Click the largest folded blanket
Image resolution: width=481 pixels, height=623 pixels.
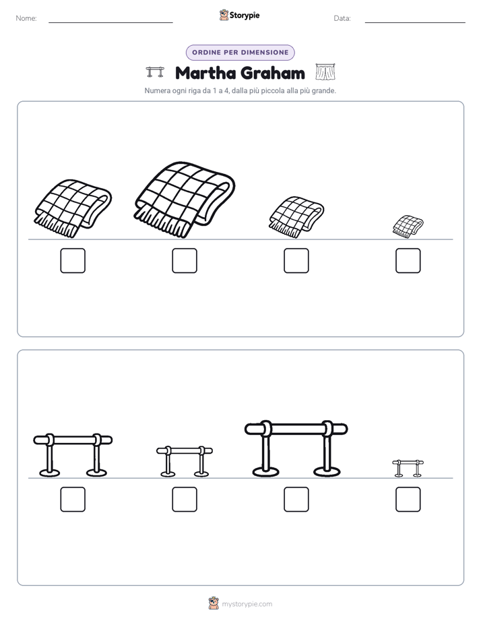pos(185,200)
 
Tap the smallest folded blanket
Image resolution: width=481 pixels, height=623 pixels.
pos(408,227)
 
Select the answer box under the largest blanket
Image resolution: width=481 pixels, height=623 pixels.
pos(185,261)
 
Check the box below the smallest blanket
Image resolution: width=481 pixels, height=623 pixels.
pos(408,261)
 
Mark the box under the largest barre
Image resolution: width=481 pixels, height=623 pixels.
pos(296,500)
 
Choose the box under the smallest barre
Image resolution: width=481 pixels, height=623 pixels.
pos(408,500)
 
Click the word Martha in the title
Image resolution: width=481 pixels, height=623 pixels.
pos(205,73)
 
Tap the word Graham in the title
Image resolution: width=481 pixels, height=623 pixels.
pos(273,73)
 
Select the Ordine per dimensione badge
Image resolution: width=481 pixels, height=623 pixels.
pos(240,53)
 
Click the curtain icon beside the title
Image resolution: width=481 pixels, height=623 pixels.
pos(325,72)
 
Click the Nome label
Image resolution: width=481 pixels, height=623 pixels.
pos(26,18)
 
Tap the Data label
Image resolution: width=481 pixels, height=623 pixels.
pos(342,18)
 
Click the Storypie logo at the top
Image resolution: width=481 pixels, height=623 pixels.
pos(240,15)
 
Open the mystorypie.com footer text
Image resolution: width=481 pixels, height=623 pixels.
pos(247,604)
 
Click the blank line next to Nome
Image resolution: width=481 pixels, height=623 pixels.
pos(110,22)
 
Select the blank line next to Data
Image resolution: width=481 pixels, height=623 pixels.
pos(415,22)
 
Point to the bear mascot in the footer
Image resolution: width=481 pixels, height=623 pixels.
pos(214,603)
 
